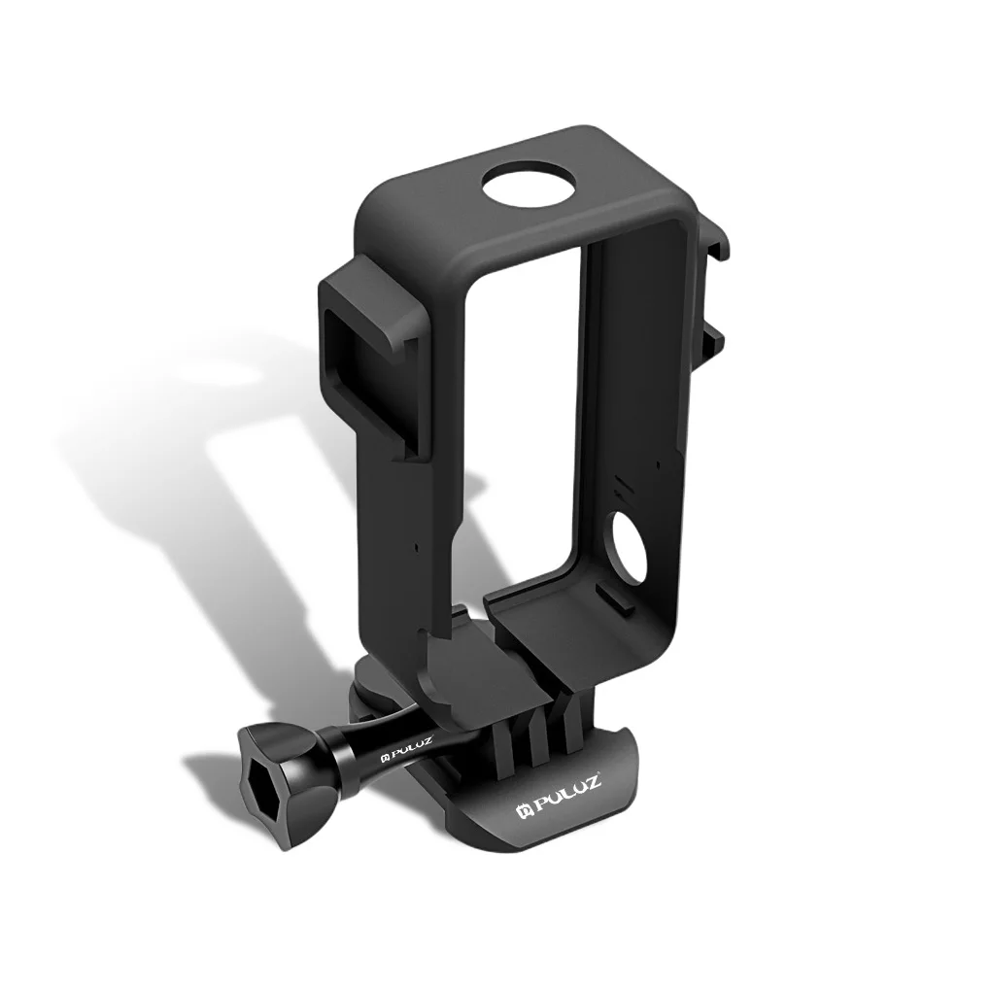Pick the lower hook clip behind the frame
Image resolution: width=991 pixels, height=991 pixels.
[712, 335]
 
